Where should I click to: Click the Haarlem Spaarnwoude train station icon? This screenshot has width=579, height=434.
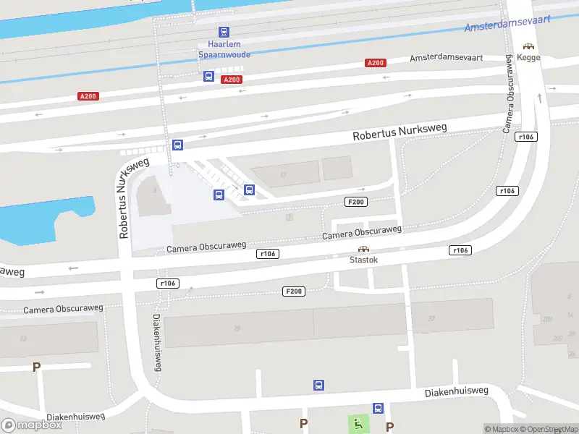tap(224, 32)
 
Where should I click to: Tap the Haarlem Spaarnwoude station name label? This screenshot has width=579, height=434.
tap(224, 48)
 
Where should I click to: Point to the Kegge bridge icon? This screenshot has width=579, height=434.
tap(528, 46)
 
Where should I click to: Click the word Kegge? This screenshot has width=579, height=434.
tap(528, 57)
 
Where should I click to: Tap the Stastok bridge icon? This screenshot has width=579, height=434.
tap(363, 248)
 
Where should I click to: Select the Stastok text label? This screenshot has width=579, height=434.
tap(363, 259)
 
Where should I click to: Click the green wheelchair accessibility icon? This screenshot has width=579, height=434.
tap(358, 423)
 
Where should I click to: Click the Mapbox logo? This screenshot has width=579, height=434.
tap(32, 425)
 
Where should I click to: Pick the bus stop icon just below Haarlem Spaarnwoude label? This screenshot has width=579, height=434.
tap(208, 76)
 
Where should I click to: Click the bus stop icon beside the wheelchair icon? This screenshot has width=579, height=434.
tap(378, 409)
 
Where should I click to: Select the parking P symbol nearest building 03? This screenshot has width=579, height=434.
tap(36, 367)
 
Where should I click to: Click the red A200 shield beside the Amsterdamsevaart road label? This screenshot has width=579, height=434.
tap(375, 63)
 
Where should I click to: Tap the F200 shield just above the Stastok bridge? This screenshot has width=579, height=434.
tap(356, 202)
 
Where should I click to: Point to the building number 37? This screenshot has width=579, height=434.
tap(431, 318)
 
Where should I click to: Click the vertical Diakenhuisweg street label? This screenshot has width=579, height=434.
tap(157, 343)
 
